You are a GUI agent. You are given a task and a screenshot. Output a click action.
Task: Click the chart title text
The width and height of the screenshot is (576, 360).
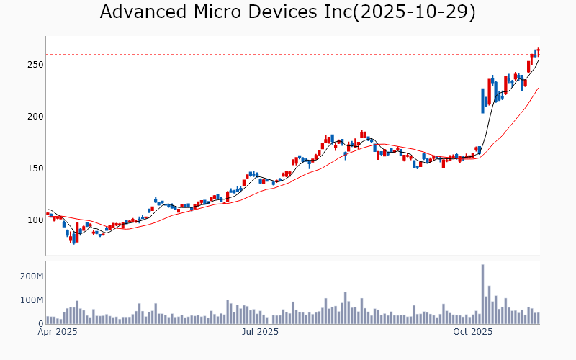click(287, 12)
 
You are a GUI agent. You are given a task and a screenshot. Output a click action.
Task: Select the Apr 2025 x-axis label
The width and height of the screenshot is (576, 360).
click(57, 332)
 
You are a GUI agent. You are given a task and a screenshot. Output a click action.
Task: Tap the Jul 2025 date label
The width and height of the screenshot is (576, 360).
click(260, 332)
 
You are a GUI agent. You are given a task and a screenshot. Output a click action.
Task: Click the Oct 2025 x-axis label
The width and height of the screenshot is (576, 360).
click(472, 332)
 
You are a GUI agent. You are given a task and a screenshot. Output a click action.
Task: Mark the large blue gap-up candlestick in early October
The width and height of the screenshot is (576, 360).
click(482, 101)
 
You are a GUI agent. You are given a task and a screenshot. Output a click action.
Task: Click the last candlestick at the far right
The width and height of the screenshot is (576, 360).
click(539, 52)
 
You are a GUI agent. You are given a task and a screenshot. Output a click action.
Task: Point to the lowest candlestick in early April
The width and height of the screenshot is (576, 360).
click(73, 238)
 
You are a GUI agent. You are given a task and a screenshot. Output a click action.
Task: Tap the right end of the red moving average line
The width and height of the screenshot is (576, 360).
click(539, 88)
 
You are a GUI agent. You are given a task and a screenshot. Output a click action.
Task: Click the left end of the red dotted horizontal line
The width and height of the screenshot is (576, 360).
click(47, 55)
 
